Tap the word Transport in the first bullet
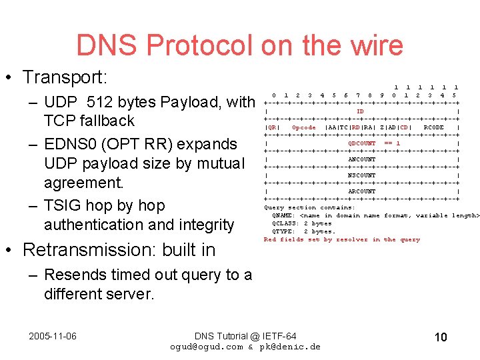[x=61, y=77]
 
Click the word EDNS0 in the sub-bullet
[x=74, y=144]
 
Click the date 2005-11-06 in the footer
[x=52, y=336]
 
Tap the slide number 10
[x=440, y=337]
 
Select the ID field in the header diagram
[x=360, y=111]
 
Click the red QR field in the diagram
[x=271, y=127]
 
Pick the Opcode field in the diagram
[x=304, y=127]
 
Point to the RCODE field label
[x=433, y=127]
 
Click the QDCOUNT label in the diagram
[x=362, y=143]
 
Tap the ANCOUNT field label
[x=362, y=159]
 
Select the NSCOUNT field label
[x=362, y=175]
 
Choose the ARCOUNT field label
[x=362, y=191]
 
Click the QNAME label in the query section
[x=283, y=215]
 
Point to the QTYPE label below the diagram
[x=283, y=231]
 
